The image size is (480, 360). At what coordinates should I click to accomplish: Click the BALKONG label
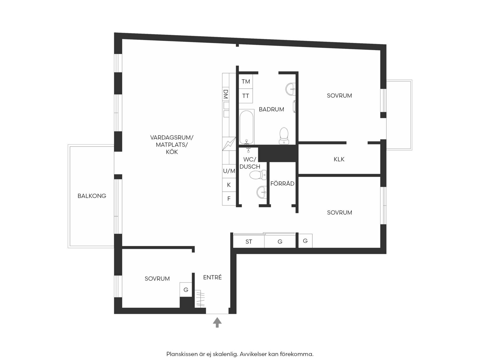92,196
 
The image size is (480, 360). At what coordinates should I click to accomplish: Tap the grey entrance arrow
217,322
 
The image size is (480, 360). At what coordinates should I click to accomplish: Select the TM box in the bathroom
246,81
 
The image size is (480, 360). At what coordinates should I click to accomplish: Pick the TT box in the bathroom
246,96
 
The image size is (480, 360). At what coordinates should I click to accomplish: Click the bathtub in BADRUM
246,127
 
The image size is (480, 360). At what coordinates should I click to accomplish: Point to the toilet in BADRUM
284,136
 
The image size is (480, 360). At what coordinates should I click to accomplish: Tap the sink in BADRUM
290,89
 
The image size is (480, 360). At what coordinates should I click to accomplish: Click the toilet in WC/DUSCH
258,175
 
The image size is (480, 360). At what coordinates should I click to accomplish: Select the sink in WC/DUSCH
261,192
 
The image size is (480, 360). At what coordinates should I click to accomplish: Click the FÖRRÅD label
282,183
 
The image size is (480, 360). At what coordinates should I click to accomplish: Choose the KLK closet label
339,159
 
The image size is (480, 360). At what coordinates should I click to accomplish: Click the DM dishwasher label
226,94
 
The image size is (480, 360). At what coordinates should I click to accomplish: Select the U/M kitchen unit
229,171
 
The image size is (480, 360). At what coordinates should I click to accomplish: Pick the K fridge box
229,185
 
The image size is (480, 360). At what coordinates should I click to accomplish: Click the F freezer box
229,198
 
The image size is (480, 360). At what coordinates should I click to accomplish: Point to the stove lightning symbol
229,144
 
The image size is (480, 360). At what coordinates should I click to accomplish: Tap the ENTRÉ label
213,277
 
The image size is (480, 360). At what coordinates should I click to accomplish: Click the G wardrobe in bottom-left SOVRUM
186,290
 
